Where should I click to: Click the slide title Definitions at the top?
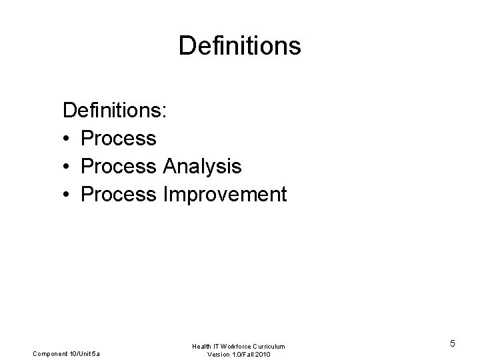point(240,46)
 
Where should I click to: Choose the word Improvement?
point(224,195)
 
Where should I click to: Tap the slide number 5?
point(453,344)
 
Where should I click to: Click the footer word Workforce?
point(237,346)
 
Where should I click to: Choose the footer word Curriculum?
point(271,346)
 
